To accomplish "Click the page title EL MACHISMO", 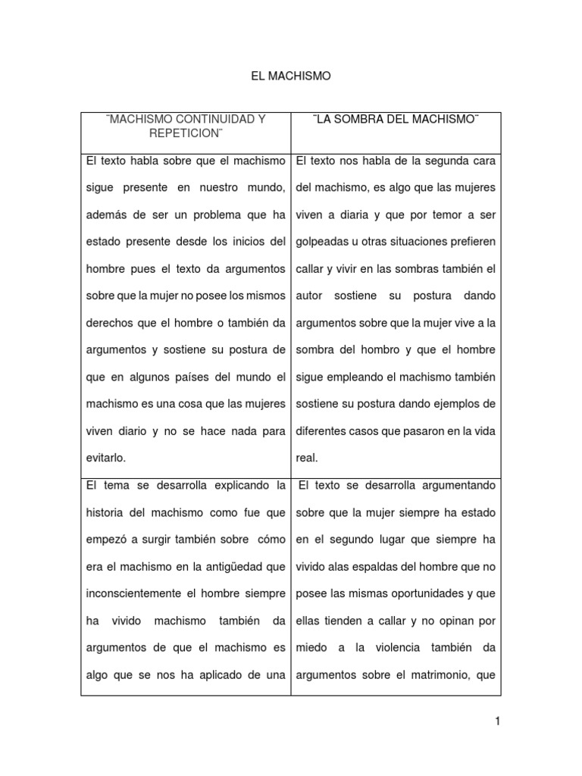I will tap(291, 77).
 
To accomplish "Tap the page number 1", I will tap(498, 721).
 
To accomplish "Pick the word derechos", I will tap(109, 323).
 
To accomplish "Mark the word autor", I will tap(310, 296).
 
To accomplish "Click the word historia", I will tap(105, 512).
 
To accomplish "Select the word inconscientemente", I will tap(139, 593).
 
